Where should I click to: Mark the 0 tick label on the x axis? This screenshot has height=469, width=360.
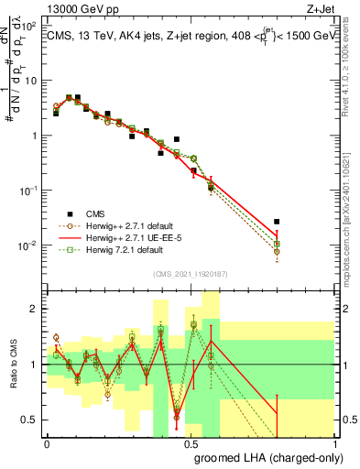pyautogui.click(x=47, y=443)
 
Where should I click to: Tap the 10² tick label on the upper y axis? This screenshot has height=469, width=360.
pyautogui.click(x=29, y=26)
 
